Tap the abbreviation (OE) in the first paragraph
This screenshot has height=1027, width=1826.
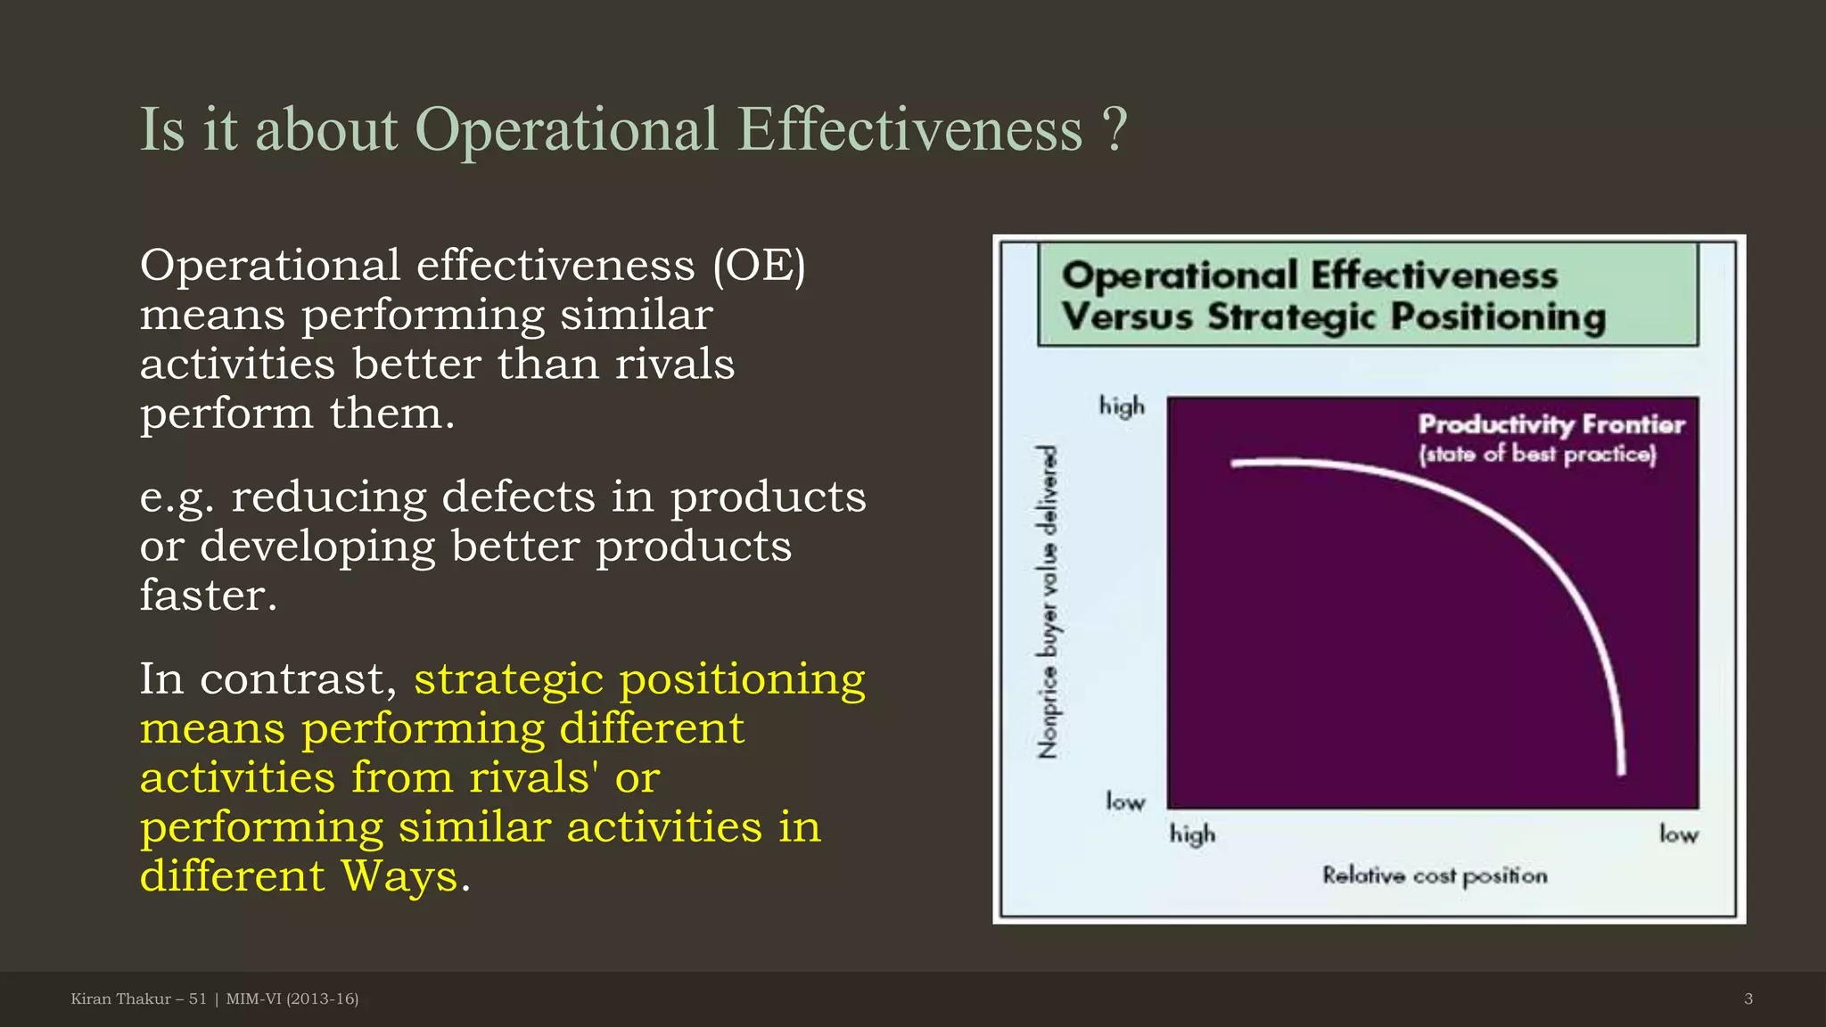759,266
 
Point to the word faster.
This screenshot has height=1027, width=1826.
208,596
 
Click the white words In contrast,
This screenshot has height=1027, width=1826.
268,679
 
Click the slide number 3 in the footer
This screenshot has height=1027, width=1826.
1748,999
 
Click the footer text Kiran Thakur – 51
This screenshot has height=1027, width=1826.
138,999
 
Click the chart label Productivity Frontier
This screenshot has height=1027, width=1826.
1551,424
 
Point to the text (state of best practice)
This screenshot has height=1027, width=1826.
1537,455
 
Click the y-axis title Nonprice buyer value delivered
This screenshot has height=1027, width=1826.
1049,603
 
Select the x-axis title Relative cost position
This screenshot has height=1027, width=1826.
1434,875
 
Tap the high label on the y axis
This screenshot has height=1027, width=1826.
1122,407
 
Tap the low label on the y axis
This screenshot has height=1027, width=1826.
1125,802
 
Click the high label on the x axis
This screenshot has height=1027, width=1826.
1192,834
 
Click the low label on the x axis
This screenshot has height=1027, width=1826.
1678,834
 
